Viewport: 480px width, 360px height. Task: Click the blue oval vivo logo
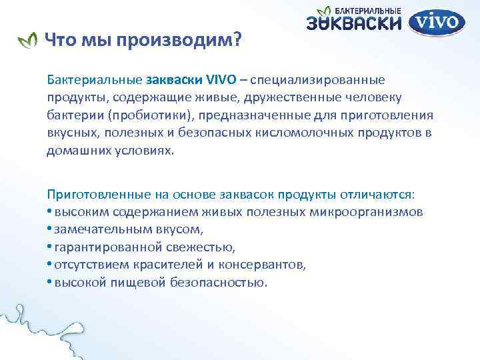point(437,22)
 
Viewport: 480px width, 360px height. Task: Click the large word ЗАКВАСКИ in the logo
point(354,24)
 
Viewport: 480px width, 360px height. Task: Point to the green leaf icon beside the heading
point(27,41)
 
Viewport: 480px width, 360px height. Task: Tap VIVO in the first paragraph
point(221,80)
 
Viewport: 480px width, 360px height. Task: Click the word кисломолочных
point(298,132)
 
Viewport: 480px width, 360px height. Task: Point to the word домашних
point(75,150)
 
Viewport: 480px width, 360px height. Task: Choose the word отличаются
point(378,194)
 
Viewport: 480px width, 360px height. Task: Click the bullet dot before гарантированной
point(49,247)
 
